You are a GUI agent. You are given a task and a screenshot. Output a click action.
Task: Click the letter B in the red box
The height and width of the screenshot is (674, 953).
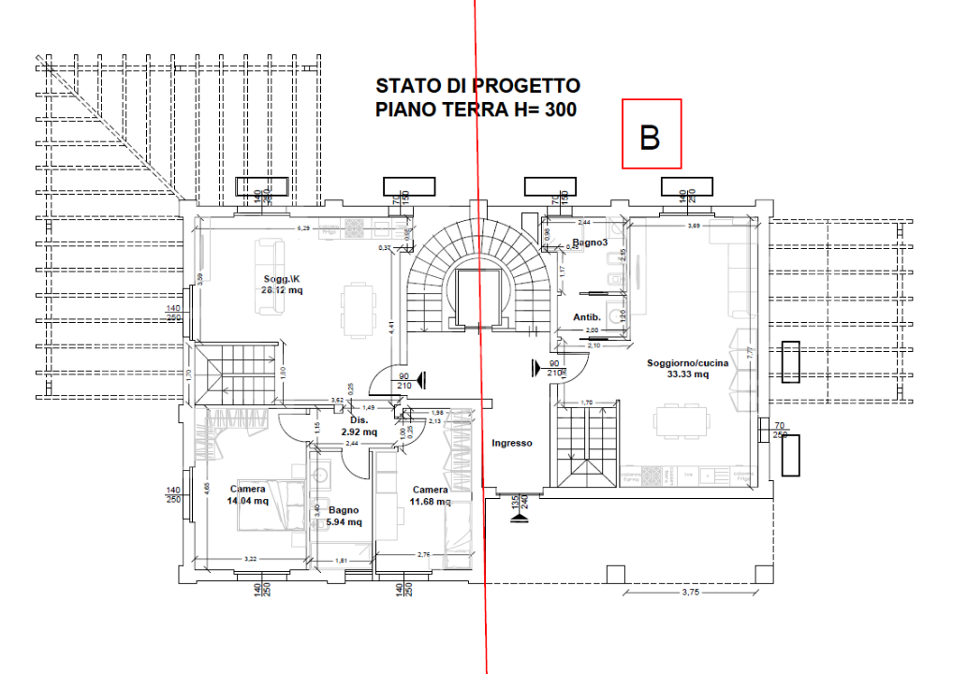point(651,137)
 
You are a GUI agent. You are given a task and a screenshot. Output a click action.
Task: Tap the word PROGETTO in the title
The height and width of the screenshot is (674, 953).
point(527,86)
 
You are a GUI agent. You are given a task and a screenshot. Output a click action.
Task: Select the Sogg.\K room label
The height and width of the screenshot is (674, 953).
point(282,279)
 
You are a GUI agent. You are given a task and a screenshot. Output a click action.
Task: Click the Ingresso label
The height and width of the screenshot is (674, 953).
point(512,443)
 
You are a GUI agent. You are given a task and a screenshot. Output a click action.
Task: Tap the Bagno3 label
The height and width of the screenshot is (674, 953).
point(591,243)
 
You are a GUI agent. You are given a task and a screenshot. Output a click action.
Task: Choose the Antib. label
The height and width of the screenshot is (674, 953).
point(586,317)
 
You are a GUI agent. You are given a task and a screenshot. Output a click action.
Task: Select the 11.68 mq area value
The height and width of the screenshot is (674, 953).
point(430,501)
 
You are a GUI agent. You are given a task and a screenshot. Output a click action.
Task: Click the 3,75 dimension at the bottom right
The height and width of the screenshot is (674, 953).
point(691,592)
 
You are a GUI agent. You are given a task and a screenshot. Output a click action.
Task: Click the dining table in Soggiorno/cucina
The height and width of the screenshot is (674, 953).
point(682,420)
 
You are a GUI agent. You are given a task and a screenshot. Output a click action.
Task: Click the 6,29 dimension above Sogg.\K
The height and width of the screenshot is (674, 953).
point(302,227)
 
